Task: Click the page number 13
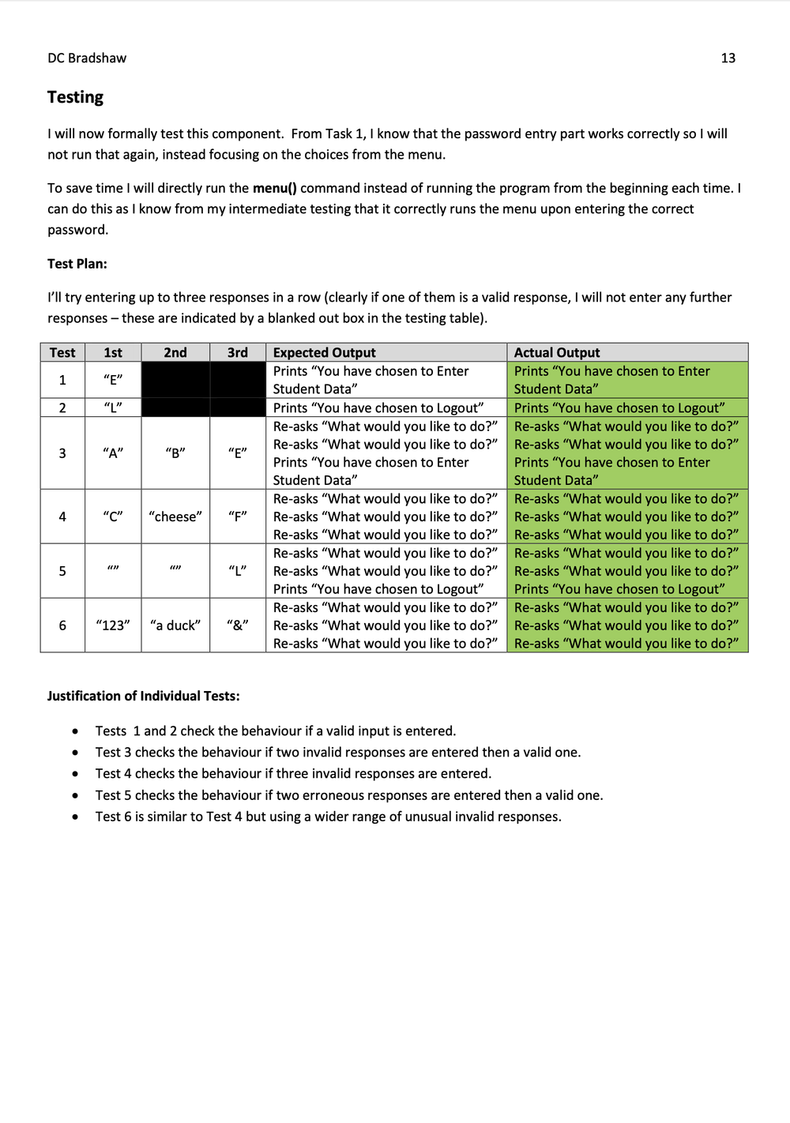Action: coord(728,58)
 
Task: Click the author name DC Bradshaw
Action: coord(87,58)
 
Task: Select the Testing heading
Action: coord(75,97)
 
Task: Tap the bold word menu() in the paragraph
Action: coord(274,188)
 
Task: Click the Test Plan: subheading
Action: coord(77,264)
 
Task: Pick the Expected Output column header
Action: coord(324,352)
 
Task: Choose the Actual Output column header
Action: coord(557,352)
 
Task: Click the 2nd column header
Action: coord(175,352)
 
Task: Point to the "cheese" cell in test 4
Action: coord(175,516)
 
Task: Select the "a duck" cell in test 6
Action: coord(175,625)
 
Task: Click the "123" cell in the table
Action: coord(113,625)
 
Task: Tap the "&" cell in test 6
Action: coord(238,625)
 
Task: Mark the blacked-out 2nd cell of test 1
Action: coord(175,380)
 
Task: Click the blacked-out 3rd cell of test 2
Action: coord(238,408)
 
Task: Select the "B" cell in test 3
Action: coord(175,453)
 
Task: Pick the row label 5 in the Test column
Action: coord(62,571)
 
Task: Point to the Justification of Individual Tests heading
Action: coord(143,696)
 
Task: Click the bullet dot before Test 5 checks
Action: coord(75,796)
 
